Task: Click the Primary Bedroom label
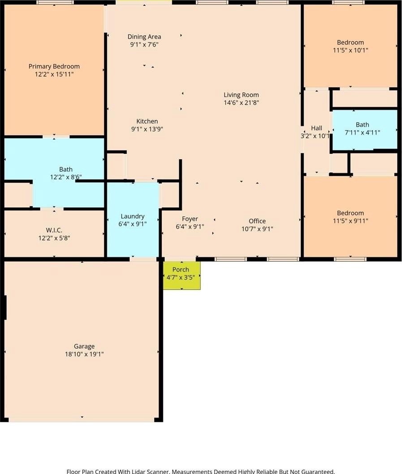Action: click(54, 67)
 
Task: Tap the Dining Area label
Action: click(144, 37)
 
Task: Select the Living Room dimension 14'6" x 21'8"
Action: click(241, 102)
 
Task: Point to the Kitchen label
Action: click(147, 121)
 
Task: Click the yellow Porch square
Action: click(182, 275)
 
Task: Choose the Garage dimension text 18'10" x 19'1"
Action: click(85, 354)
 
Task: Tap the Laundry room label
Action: click(132, 216)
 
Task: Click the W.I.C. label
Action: click(54, 230)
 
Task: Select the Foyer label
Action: click(190, 219)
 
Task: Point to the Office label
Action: click(257, 221)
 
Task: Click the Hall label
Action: click(317, 128)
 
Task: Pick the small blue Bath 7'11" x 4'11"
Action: click(365, 129)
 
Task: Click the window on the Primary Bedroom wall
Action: click(55, 2)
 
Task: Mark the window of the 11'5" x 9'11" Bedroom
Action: click(350, 259)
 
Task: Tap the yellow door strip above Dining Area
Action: click(144, 2)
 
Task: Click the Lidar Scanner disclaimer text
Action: click(201, 471)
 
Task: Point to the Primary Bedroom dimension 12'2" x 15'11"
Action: click(54, 74)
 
